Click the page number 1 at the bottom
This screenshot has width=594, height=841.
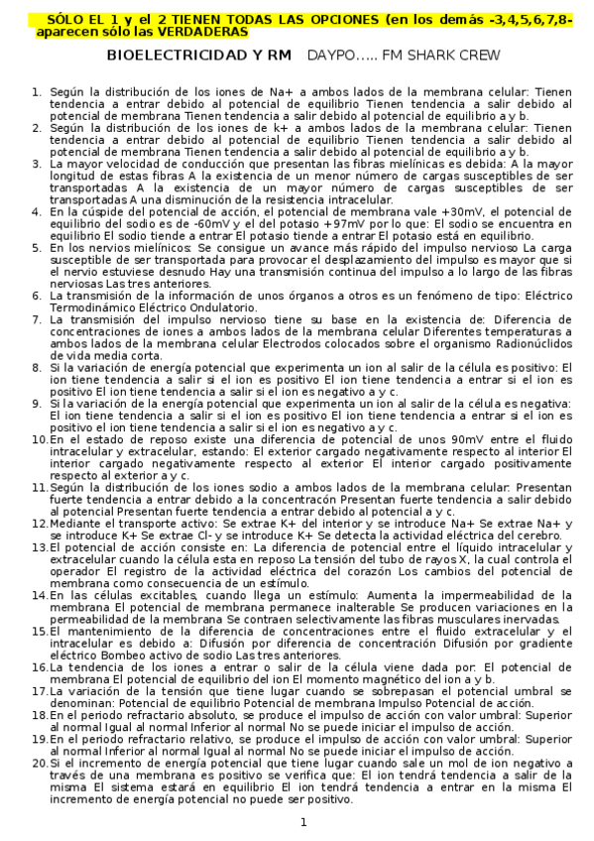pos(304,822)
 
